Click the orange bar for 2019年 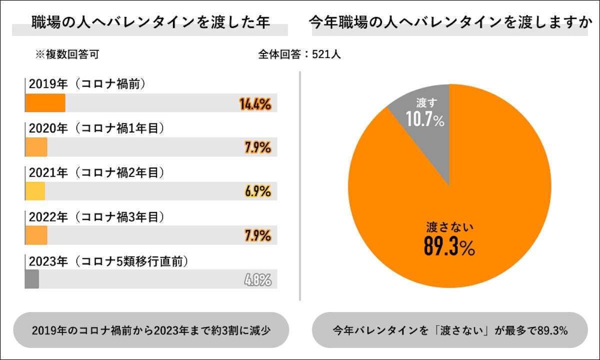[45, 103]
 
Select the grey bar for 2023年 [32, 279]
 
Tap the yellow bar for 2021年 [35, 191]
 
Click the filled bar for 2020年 [36, 147]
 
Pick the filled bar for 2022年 [36, 235]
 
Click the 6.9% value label [258, 191]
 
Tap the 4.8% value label [258, 279]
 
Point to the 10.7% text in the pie [425, 119]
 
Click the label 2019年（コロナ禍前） [87, 84]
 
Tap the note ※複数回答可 [66, 54]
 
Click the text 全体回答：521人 [299, 54]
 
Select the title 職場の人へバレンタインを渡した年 [150, 22]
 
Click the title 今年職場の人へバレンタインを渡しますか [448, 22]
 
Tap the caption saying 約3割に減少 [150, 330]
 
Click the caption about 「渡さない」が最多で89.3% [449, 330]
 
